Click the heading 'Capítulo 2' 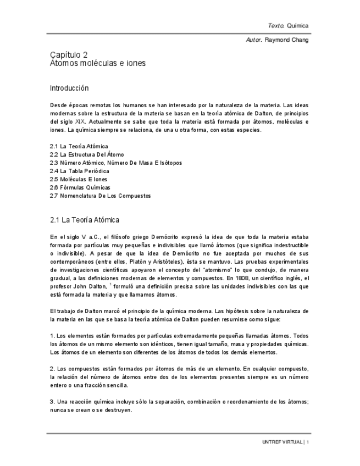69,54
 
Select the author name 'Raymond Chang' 287,40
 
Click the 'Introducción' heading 69,88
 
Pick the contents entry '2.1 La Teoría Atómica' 79,146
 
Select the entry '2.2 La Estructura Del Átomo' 87,154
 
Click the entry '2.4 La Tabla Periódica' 80,171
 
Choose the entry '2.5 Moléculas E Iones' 79,179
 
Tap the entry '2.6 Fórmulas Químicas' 80,187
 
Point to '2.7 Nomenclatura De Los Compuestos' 100,196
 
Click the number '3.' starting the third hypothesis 52,401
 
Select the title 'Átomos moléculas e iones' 98,63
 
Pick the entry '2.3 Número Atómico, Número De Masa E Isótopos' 115,163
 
